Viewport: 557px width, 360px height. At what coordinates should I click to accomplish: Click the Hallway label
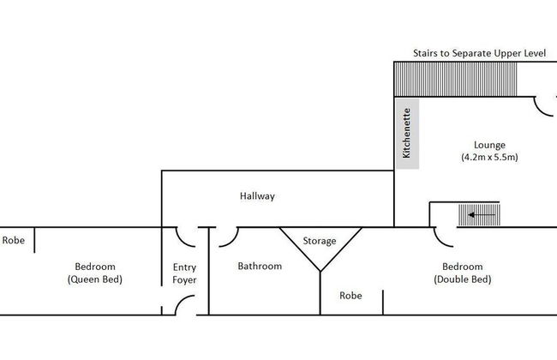(x=257, y=196)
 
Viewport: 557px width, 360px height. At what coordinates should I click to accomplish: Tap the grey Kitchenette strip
(x=407, y=134)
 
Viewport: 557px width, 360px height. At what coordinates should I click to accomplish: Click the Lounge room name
(x=489, y=145)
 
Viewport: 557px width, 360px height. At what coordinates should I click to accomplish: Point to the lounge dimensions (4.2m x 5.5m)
(x=489, y=157)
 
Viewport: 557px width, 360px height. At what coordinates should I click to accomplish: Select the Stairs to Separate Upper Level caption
(x=479, y=53)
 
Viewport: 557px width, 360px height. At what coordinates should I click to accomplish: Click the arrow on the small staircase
(x=482, y=214)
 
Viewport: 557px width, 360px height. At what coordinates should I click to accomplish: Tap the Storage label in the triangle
(x=320, y=241)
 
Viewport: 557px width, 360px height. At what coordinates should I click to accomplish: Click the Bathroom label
(x=260, y=267)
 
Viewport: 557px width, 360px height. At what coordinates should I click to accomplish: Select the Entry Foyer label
(x=184, y=273)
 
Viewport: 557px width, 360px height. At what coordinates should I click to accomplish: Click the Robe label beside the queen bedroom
(x=14, y=240)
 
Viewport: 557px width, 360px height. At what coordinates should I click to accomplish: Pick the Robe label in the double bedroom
(x=350, y=296)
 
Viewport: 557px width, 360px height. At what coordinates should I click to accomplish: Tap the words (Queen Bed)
(x=95, y=279)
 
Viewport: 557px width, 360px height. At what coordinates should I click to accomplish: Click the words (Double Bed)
(x=463, y=279)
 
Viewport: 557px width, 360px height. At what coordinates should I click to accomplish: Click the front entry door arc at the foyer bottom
(x=184, y=304)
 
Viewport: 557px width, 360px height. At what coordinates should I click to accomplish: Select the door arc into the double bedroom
(x=443, y=238)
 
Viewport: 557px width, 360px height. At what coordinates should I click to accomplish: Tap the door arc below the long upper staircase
(x=543, y=106)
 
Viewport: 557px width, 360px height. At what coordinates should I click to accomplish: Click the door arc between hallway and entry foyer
(x=185, y=237)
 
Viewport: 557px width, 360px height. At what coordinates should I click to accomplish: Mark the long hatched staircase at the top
(x=455, y=79)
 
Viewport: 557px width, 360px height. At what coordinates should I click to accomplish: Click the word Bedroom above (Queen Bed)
(x=95, y=267)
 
